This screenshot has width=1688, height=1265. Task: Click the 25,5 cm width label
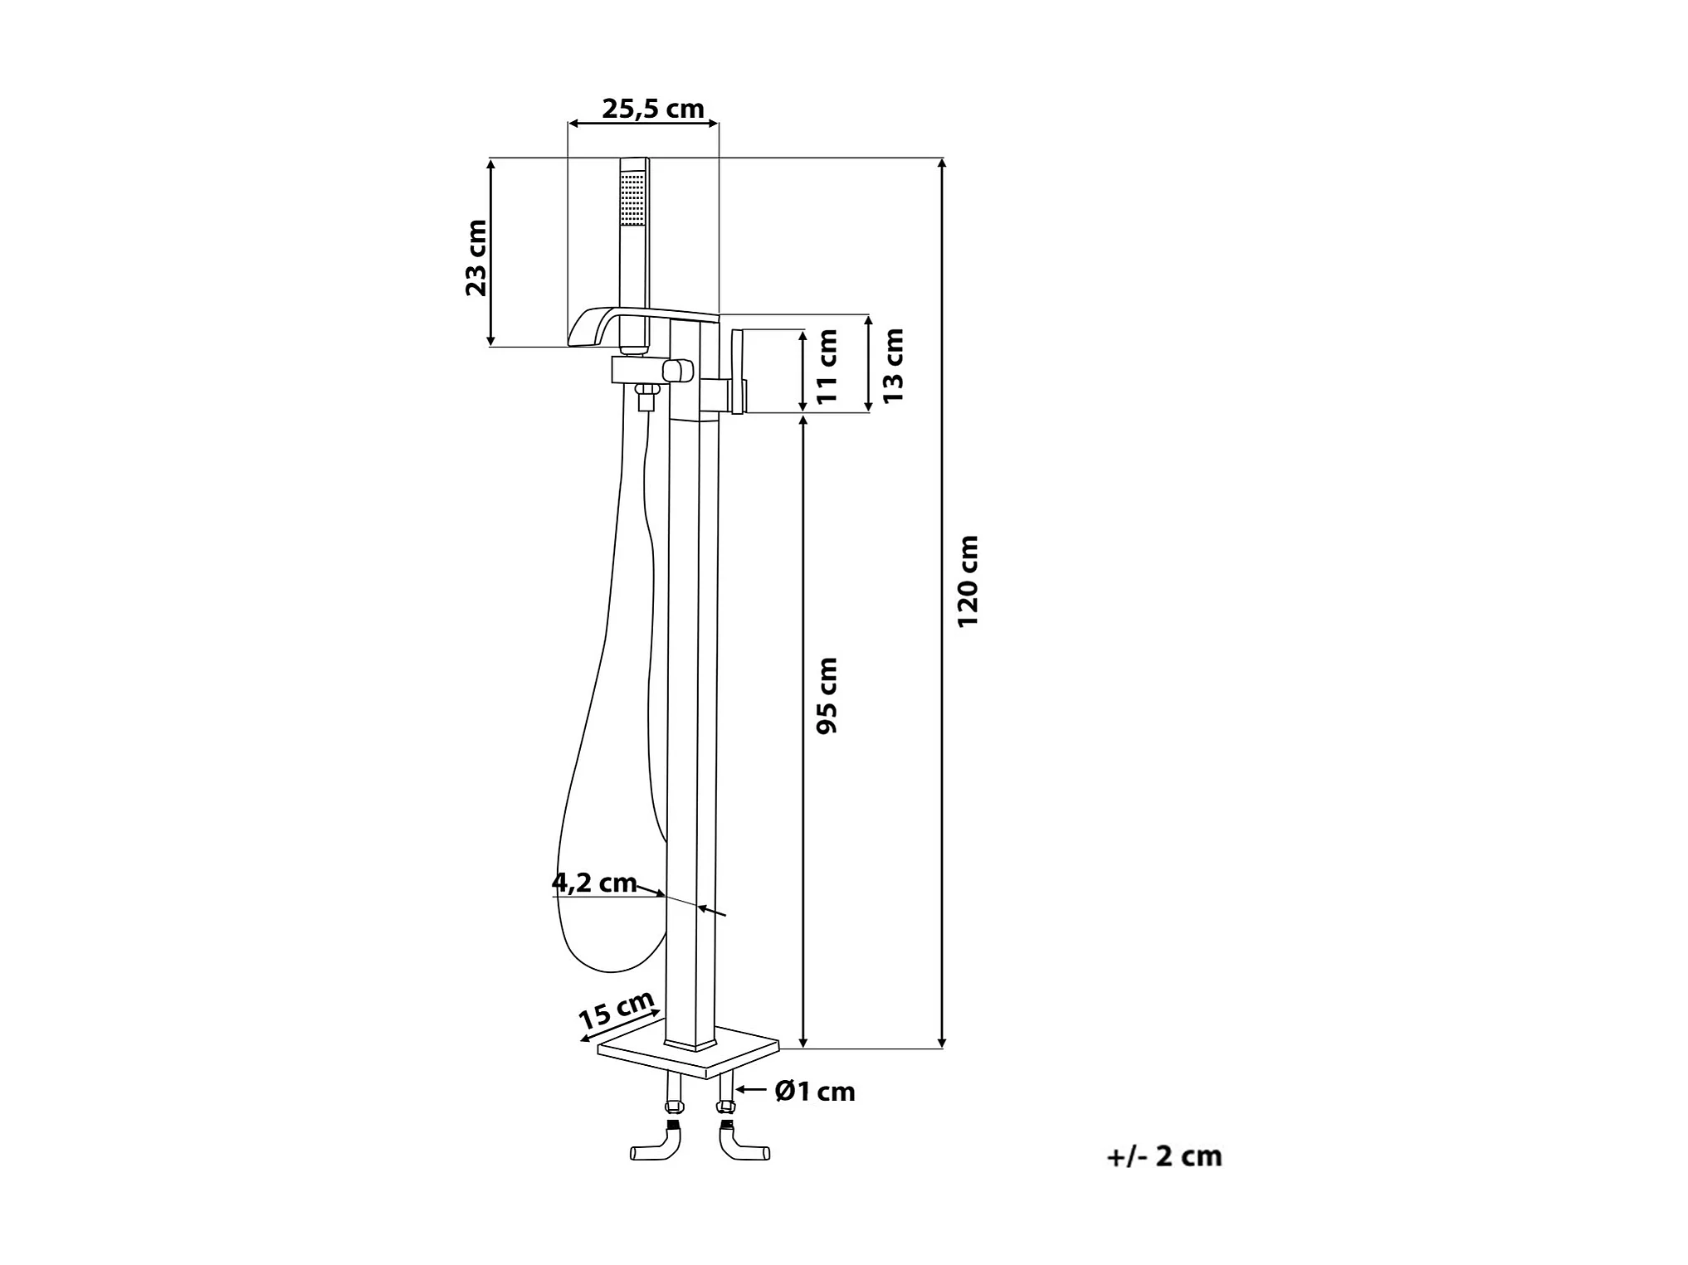(653, 109)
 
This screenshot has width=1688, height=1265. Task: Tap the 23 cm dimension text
(476, 258)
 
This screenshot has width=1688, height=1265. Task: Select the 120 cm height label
(968, 581)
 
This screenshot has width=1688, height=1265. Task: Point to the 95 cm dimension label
(827, 695)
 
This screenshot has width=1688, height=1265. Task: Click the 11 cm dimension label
(827, 367)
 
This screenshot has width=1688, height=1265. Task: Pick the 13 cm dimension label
(893, 366)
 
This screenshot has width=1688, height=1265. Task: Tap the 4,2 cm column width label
(594, 883)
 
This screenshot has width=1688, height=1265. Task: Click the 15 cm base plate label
(616, 1010)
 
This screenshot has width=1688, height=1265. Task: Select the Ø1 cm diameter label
(815, 1092)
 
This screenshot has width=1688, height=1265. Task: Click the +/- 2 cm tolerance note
(1164, 1156)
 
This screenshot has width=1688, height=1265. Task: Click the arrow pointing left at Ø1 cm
(753, 1091)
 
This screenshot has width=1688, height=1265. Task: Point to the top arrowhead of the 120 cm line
(941, 163)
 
